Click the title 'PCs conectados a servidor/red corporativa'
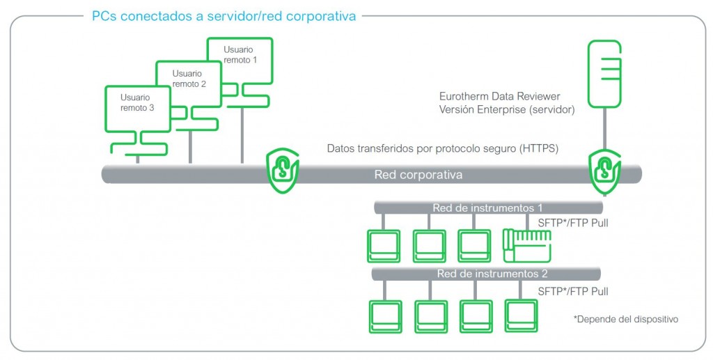click(x=224, y=15)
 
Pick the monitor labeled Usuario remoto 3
click(x=137, y=111)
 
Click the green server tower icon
click(x=604, y=73)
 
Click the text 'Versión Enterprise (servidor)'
click(x=506, y=109)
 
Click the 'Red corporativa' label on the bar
click(x=418, y=174)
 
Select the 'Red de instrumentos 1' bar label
click(x=487, y=208)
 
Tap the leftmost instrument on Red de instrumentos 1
click(x=383, y=245)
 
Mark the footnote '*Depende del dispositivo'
click(x=625, y=319)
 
